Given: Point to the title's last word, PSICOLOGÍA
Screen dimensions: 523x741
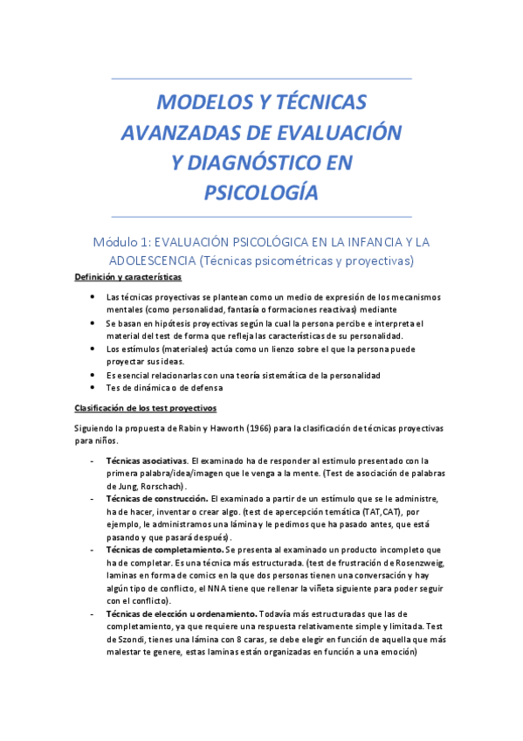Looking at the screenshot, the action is [261, 191].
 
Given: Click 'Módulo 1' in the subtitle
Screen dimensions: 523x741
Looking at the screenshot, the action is [128, 241].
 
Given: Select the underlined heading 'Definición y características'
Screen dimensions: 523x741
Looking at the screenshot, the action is [127, 278].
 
